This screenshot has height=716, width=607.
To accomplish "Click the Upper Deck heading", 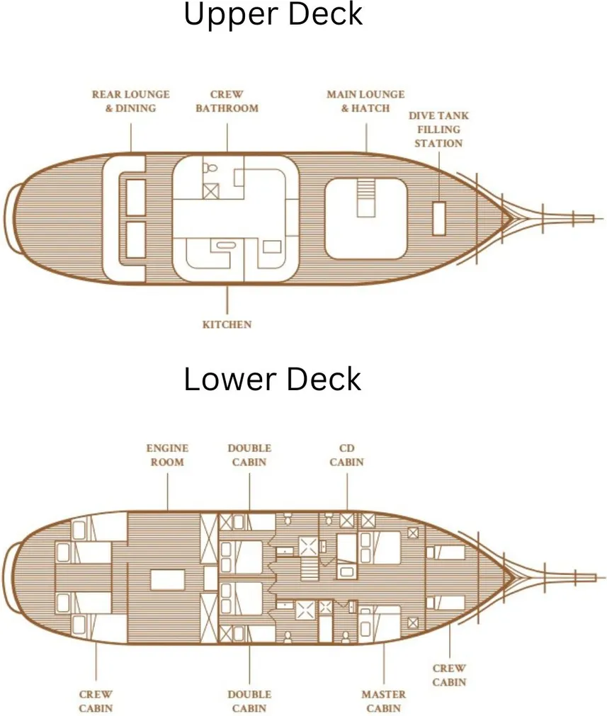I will tap(273, 15).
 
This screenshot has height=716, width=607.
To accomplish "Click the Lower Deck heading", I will tap(273, 380).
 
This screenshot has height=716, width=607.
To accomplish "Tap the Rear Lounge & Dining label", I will tap(130, 101).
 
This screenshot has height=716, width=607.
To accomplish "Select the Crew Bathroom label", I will tap(227, 101).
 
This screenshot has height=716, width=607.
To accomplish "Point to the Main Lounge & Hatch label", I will tap(365, 101).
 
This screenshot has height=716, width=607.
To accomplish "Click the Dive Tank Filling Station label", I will tap(439, 129).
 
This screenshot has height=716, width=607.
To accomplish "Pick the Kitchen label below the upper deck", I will tap(227, 324).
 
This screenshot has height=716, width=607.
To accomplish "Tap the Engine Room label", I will tap(167, 455).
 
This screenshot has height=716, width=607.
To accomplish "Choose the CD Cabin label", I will tap(347, 455).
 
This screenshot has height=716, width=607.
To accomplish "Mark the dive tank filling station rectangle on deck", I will tap(439, 218).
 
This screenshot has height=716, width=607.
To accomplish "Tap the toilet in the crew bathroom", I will tap(210, 170).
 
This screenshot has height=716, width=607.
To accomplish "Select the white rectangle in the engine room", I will tap(169, 579).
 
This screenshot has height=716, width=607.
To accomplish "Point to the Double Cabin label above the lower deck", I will tap(249, 455).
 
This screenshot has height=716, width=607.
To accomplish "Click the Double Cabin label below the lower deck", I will tap(249, 701).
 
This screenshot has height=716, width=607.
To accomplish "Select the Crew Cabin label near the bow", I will tap(449, 675).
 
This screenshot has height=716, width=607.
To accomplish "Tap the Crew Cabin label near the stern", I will tap(96, 701).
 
